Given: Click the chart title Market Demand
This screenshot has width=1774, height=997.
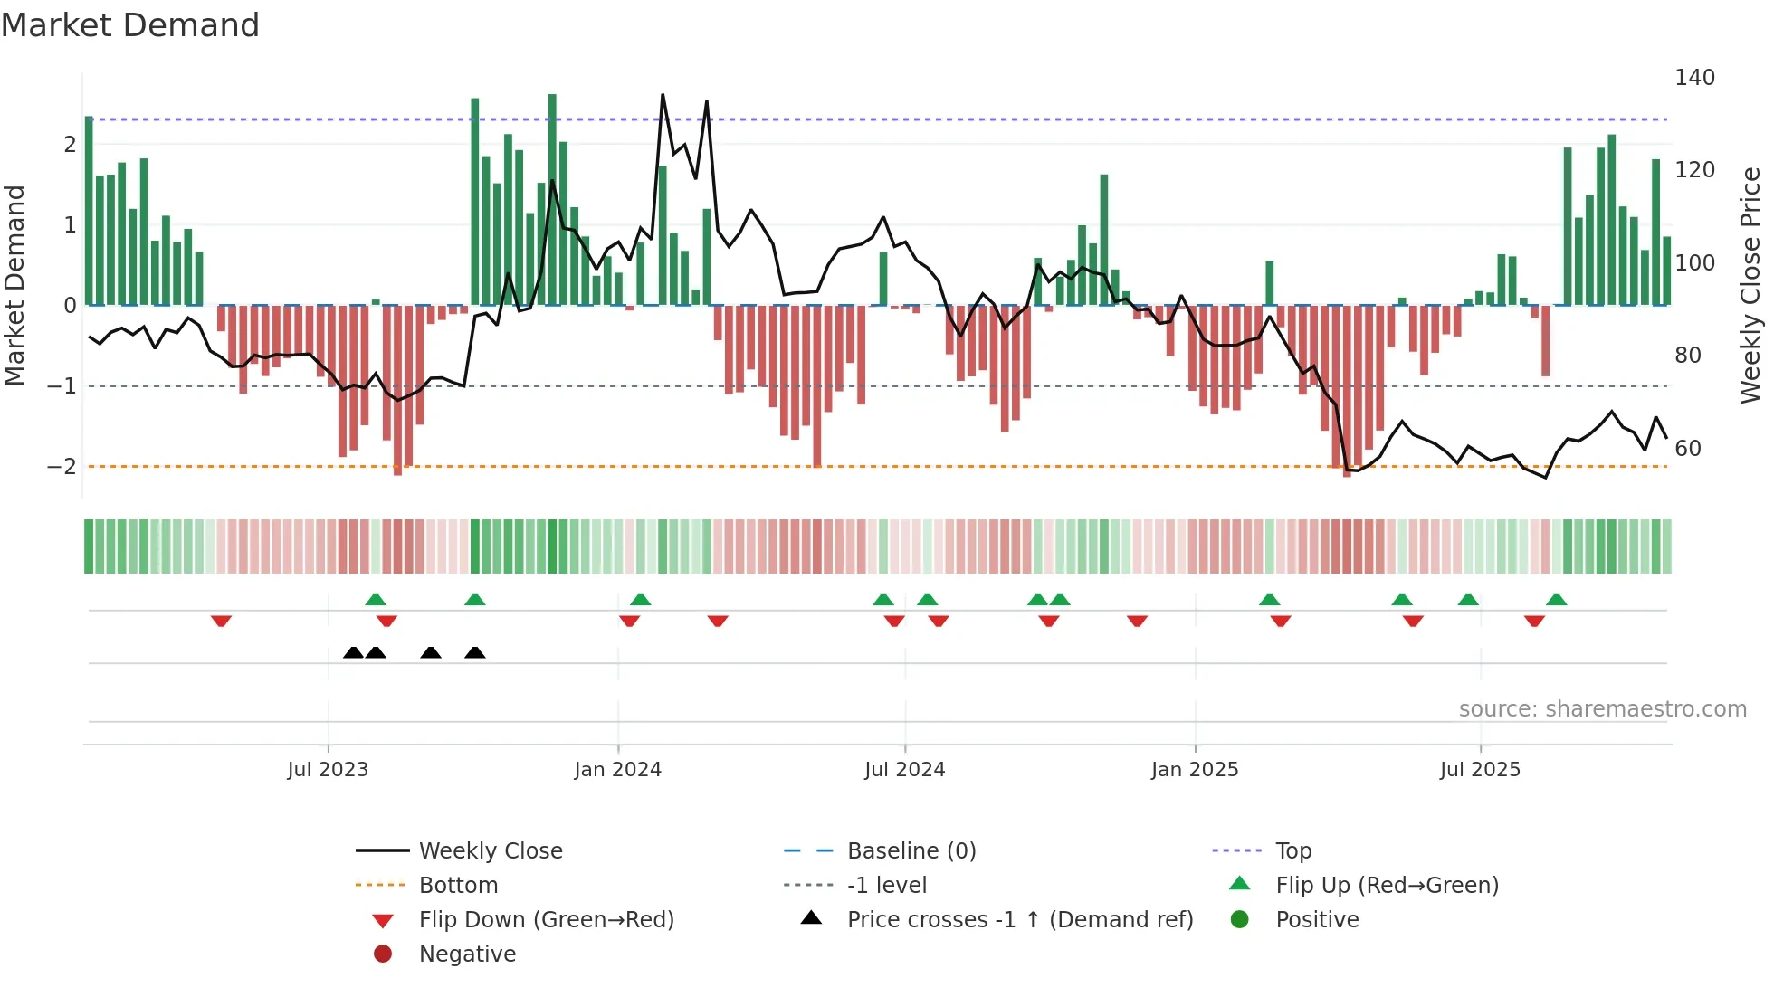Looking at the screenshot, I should click(x=130, y=25).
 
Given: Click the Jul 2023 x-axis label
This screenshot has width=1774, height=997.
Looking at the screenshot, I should click(x=328, y=770).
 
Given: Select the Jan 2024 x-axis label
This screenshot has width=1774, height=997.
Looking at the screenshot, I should click(x=618, y=770).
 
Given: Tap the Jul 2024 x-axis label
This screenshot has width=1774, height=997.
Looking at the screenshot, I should click(x=904, y=770).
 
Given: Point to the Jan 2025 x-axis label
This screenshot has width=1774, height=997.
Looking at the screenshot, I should click(x=1195, y=770).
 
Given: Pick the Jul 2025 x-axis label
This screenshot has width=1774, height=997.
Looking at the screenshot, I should click(x=1480, y=770).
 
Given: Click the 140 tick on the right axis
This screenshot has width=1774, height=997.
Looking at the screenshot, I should click(x=1694, y=78).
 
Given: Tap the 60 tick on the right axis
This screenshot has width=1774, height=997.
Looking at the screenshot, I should click(x=1688, y=449).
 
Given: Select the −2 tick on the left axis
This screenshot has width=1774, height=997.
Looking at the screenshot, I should click(x=62, y=467).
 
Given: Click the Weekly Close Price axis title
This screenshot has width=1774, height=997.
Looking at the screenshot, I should click(x=1750, y=285).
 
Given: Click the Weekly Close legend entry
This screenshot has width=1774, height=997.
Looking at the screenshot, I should click(x=490, y=851).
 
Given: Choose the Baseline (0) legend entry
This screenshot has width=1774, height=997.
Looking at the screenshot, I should click(x=911, y=851).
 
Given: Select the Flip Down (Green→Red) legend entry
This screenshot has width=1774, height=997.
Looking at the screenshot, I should click(x=546, y=920).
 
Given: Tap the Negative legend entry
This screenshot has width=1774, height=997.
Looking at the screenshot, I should click(x=467, y=954).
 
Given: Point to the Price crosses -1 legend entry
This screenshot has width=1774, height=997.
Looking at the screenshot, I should click(x=1019, y=920).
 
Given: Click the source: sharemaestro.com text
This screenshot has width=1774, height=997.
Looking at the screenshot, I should click(x=1602, y=709).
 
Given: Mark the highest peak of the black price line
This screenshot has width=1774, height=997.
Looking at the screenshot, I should click(x=663, y=94).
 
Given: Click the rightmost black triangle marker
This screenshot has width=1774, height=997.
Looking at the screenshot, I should click(x=475, y=652).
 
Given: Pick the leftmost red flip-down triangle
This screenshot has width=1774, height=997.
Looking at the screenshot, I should click(x=221, y=621).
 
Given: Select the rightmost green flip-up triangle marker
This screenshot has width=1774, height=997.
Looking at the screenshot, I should click(x=1557, y=600).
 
